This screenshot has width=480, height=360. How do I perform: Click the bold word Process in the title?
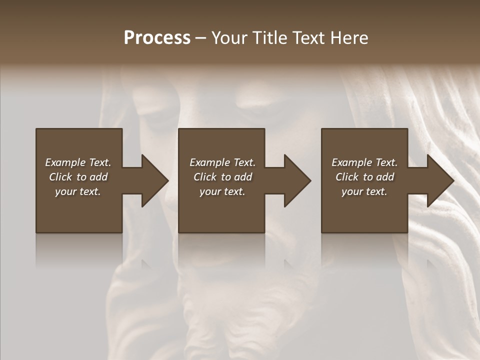click(157, 38)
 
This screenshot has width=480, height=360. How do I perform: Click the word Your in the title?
click(230, 38)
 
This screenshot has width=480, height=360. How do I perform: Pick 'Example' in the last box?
click(352, 162)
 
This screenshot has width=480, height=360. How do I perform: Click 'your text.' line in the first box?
click(78, 191)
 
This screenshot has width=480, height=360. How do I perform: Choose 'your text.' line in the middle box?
click(222, 191)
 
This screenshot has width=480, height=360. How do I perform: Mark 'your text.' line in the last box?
click(364, 191)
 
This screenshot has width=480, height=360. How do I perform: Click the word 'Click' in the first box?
click(61, 177)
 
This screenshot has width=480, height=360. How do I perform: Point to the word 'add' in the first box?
click(99, 177)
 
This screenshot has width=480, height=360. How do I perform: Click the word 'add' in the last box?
click(385, 177)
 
